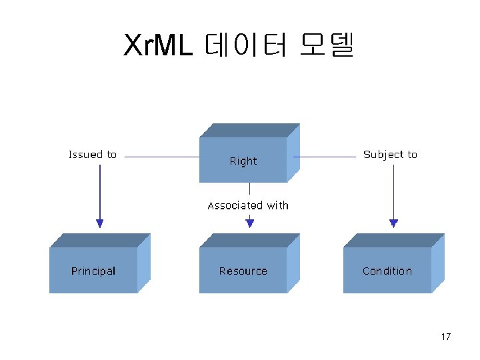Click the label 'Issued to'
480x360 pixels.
pos(93,155)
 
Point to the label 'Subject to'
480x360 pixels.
pos(390,155)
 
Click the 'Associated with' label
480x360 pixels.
pos(248,205)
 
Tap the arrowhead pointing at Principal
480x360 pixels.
pos(100,223)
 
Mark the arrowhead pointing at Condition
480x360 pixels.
pos(393,223)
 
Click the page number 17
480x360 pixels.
pos(445,337)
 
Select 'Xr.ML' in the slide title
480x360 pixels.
pos(159,45)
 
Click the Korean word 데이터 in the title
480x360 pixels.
pos(246,45)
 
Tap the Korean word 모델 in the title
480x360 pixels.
pos(327,45)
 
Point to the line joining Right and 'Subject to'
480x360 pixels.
pos(325,157)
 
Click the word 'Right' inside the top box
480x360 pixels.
pos(243,161)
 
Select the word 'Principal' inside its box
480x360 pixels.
pos(93,271)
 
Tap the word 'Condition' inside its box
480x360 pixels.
pos(387,271)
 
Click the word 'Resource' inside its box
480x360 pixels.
pos(243,271)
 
